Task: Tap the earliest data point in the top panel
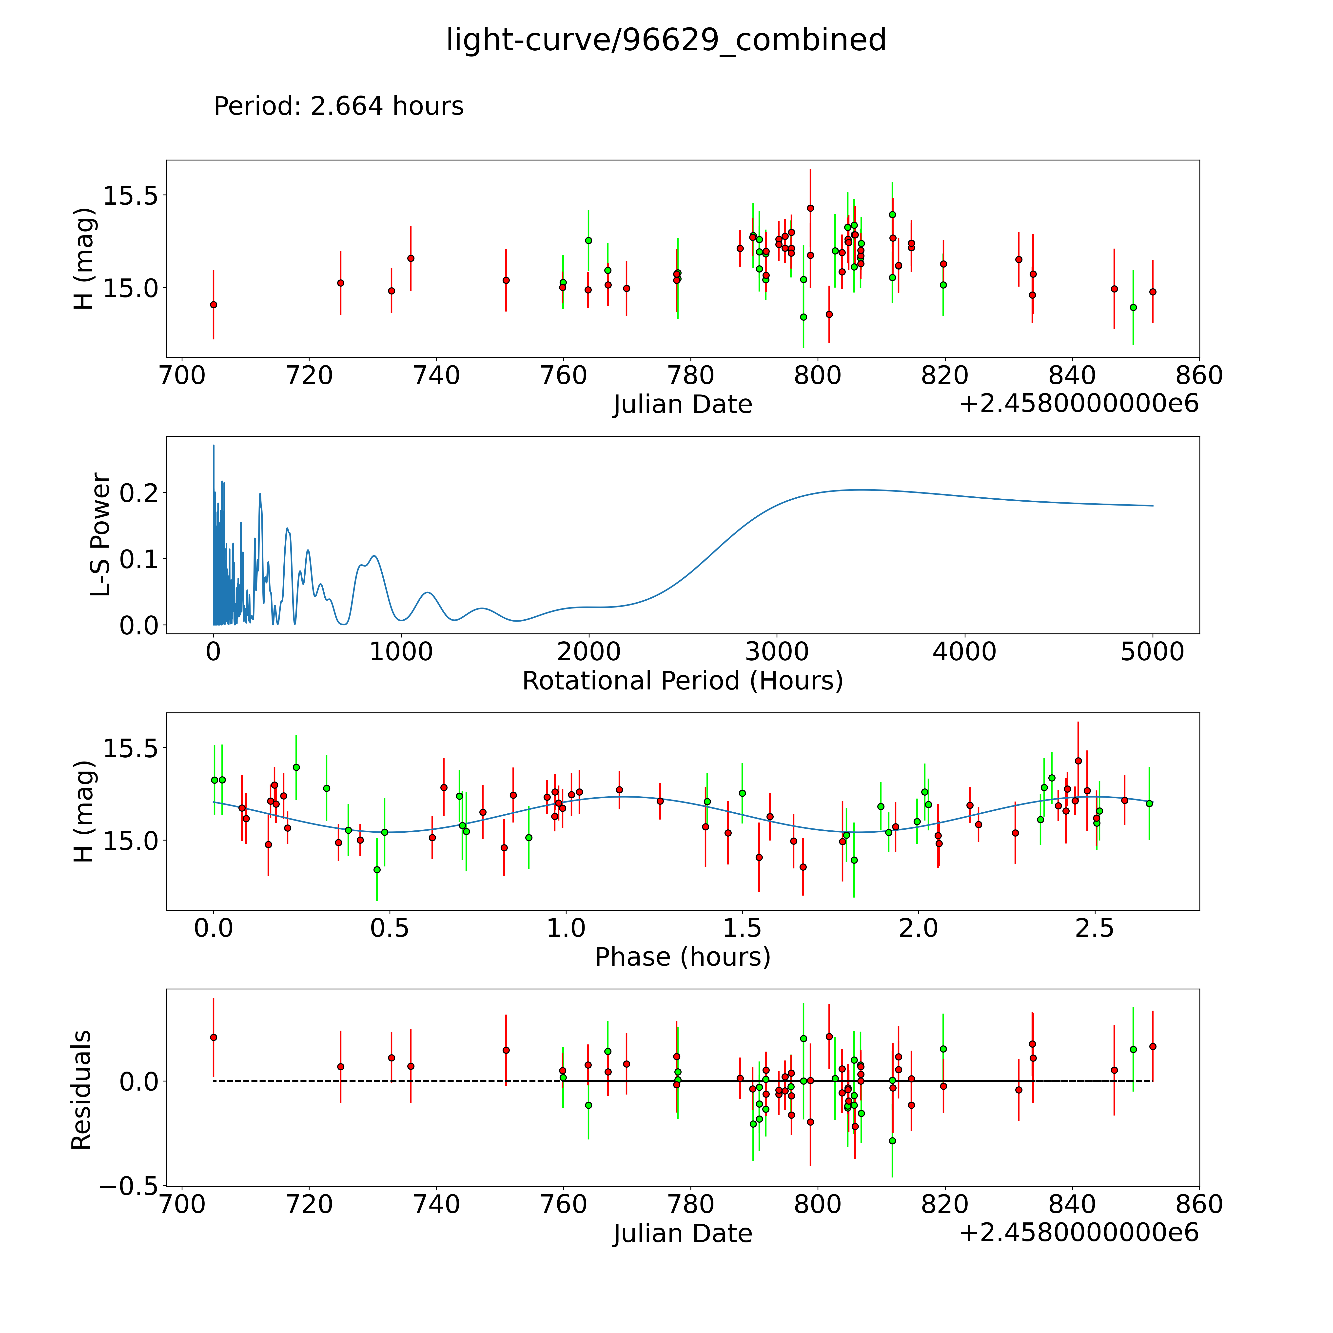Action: [x=213, y=304]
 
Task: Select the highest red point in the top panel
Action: [x=810, y=208]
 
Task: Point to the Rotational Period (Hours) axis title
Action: [x=682, y=681]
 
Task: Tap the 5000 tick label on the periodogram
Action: [x=1152, y=651]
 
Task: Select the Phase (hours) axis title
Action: [x=682, y=957]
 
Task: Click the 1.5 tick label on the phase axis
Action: [x=742, y=928]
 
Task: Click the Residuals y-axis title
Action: [x=81, y=1090]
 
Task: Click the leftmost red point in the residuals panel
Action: [x=213, y=1037]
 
